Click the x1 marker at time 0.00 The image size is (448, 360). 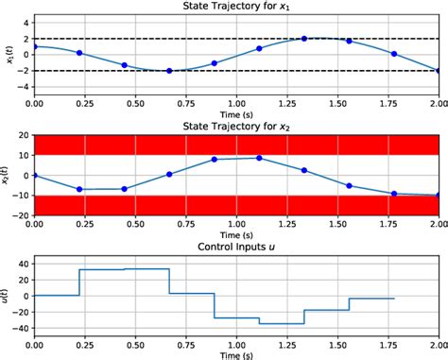click(x=34, y=46)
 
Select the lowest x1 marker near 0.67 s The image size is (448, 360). click(x=169, y=71)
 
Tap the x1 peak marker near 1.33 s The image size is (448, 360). click(x=304, y=39)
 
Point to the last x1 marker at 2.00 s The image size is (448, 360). click(x=439, y=71)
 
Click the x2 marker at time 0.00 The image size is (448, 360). click(x=34, y=175)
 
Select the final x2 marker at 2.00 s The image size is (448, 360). click(x=439, y=196)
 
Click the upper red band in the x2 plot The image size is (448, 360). click(x=237, y=145)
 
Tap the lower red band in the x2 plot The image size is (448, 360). click(x=237, y=205)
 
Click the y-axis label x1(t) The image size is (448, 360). click(x=8, y=55)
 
